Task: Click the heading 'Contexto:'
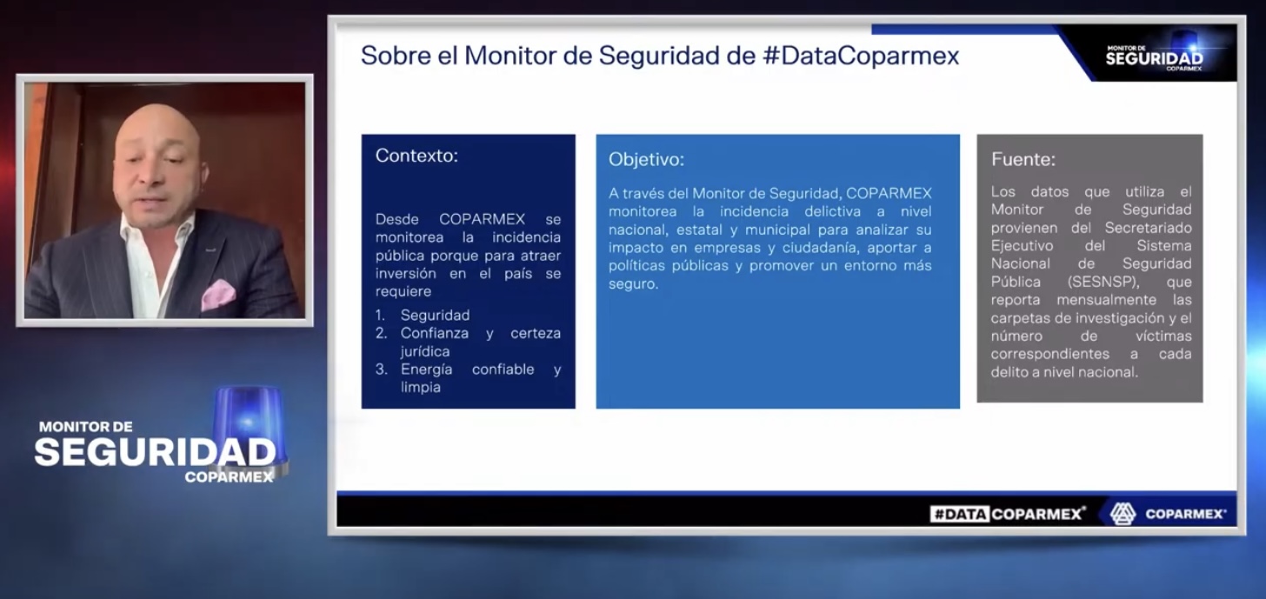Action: pyautogui.click(x=416, y=156)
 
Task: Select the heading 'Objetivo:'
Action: pyautogui.click(x=646, y=160)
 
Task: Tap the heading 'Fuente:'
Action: pyautogui.click(x=1023, y=159)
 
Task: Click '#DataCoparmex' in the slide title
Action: pyautogui.click(x=860, y=56)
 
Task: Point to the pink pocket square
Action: pyautogui.click(x=218, y=295)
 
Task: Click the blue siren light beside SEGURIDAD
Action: pyautogui.click(x=249, y=421)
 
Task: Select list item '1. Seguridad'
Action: pyautogui.click(x=423, y=315)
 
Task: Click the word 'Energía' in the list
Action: pyautogui.click(x=426, y=369)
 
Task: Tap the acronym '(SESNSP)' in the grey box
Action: pyautogui.click(x=1103, y=282)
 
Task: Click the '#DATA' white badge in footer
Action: pyautogui.click(x=960, y=514)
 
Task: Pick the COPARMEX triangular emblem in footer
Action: pyautogui.click(x=1123, y=514)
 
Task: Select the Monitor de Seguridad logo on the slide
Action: pyautogui.click(x=1155, y=57)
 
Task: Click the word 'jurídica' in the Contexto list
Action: pyautogui.click(x=425, y=351)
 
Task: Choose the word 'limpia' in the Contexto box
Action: pyautogui.click(x=421, y=387)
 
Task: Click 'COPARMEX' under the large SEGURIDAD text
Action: pyautogui.click(x=229, y=477)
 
